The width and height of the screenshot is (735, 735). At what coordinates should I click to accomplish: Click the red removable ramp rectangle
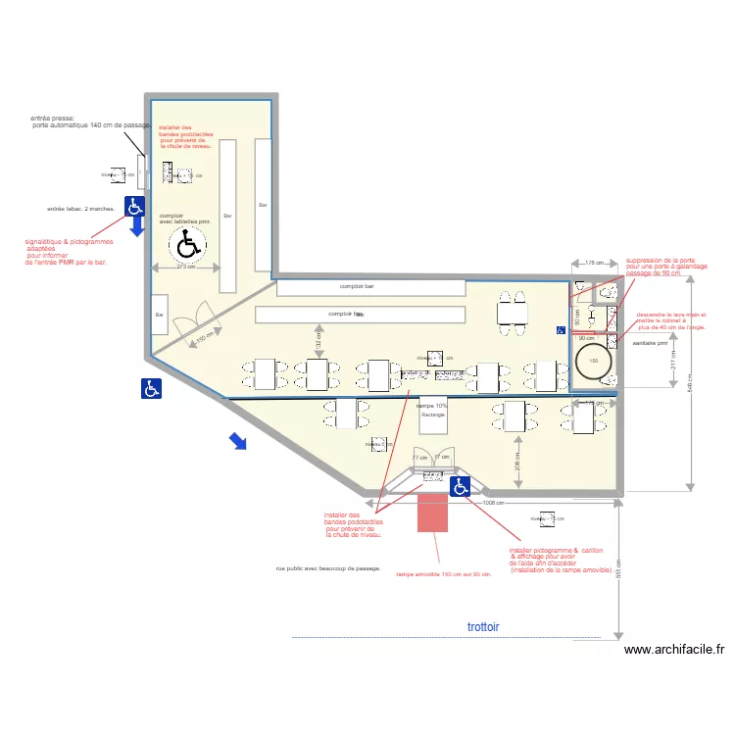point(432,513)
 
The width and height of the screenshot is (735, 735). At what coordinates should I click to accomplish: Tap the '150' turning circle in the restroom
point(594,361)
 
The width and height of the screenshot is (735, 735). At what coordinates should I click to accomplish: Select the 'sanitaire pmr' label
point(650,344)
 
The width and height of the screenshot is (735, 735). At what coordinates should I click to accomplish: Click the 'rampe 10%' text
point(432,405)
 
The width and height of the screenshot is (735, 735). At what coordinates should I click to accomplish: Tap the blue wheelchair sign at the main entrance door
point(461,486)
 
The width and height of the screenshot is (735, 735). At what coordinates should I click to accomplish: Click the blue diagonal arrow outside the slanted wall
point(237,442)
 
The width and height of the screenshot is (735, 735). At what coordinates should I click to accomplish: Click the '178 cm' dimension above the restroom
point(593,264)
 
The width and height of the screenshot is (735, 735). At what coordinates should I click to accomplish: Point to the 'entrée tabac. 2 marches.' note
point(81,209)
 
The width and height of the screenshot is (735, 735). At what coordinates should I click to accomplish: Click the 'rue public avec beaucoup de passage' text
point(327,568)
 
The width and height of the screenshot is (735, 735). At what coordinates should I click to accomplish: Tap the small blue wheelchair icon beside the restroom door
point(562,331)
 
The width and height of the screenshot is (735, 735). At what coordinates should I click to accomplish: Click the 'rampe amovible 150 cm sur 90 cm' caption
point(443,575)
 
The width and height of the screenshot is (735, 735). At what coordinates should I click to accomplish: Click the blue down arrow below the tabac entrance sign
point(136,227)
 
